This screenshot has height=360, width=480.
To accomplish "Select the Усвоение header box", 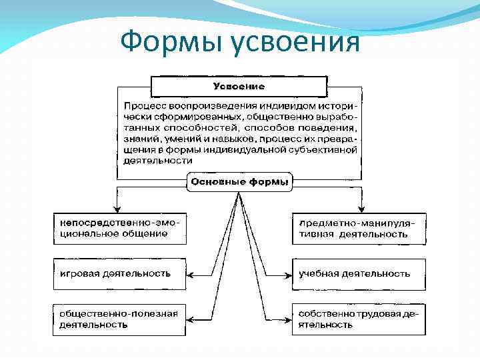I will coord(239,87).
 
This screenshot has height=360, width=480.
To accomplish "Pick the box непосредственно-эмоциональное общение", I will coord(120,228).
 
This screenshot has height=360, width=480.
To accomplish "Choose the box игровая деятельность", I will coord(120,274).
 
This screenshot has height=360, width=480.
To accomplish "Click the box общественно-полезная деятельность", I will coord(120,319).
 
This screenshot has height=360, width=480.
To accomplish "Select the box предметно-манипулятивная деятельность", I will coord(359,228).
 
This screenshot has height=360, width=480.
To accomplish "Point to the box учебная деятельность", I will coord(359,274).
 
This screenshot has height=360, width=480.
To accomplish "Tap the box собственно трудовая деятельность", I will coord(359,319).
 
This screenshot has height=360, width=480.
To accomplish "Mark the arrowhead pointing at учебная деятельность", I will coord(289,274).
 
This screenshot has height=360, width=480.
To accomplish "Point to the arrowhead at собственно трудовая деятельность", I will coord(289,319).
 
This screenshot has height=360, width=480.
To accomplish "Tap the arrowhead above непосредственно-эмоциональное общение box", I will coord(117,207).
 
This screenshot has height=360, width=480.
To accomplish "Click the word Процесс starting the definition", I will coord(143,106).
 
